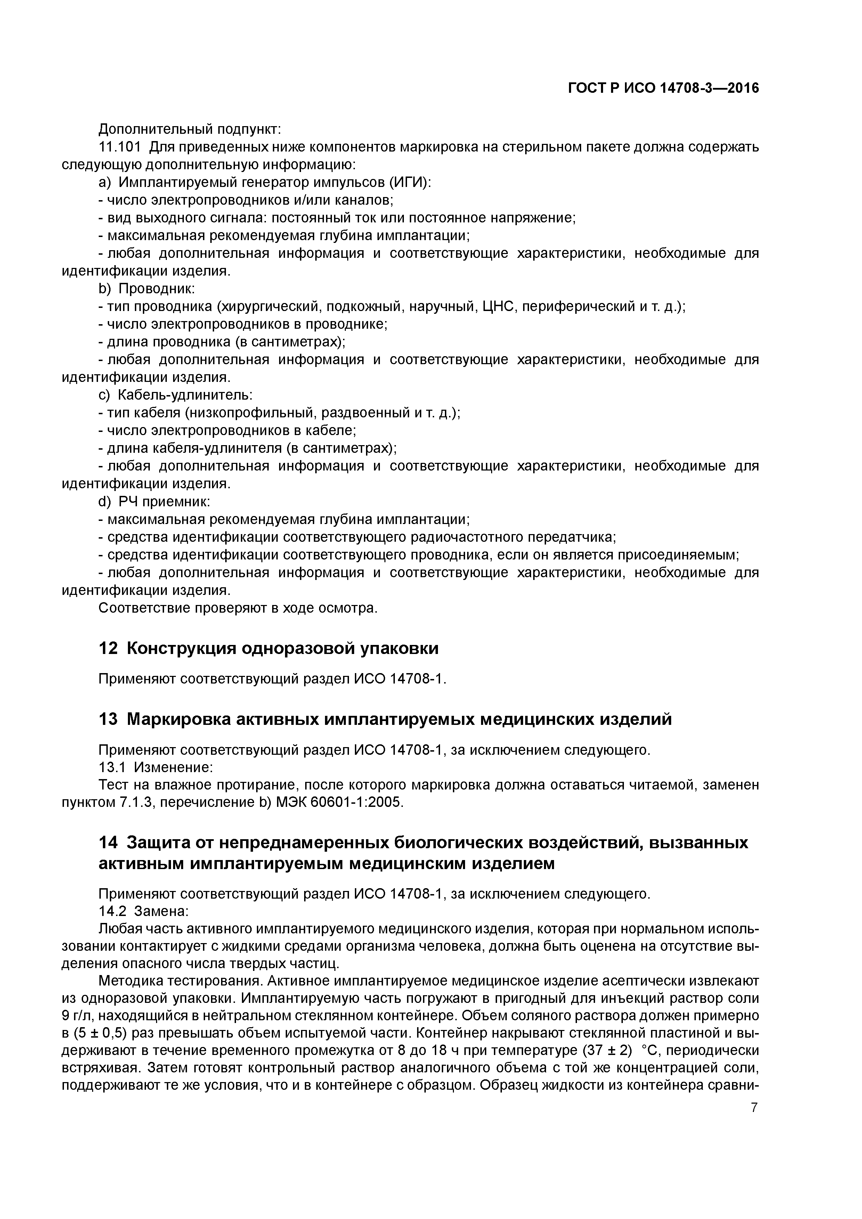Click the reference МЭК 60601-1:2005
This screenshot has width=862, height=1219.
tap(339, 802)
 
